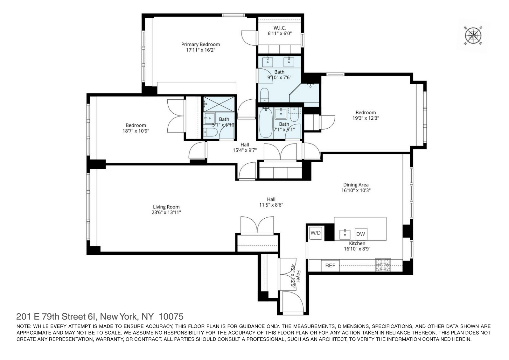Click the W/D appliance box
coord(316,233)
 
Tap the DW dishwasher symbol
coord(360,234)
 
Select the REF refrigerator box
coord(330,265)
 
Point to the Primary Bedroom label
coord(200,44)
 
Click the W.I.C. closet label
coord(279,28)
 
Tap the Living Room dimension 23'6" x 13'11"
coord(166,212)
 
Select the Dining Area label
coord(356,185)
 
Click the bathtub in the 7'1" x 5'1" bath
coord(265,123)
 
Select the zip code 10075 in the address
coord(171,317)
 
